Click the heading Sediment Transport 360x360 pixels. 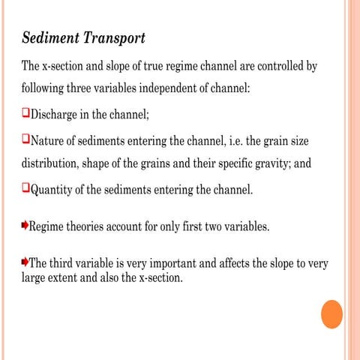click(x=83, y=37)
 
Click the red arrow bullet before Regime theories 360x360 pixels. click(x=25, y=225)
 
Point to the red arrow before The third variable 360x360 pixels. click(x=25, y=262)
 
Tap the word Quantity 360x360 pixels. click(x=53, y=190)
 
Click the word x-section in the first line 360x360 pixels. click(x=67, y=65)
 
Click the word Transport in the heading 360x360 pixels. click(x=112, y=37)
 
